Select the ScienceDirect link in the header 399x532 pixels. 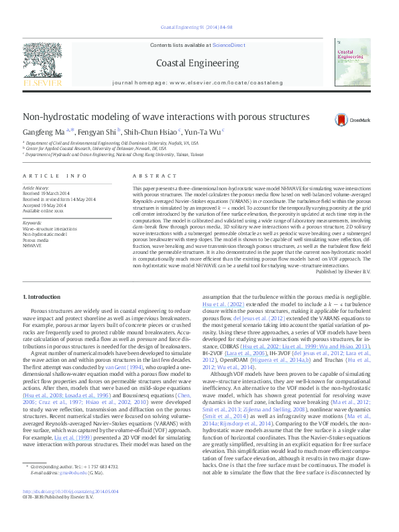229,45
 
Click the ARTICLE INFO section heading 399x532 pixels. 55,176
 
